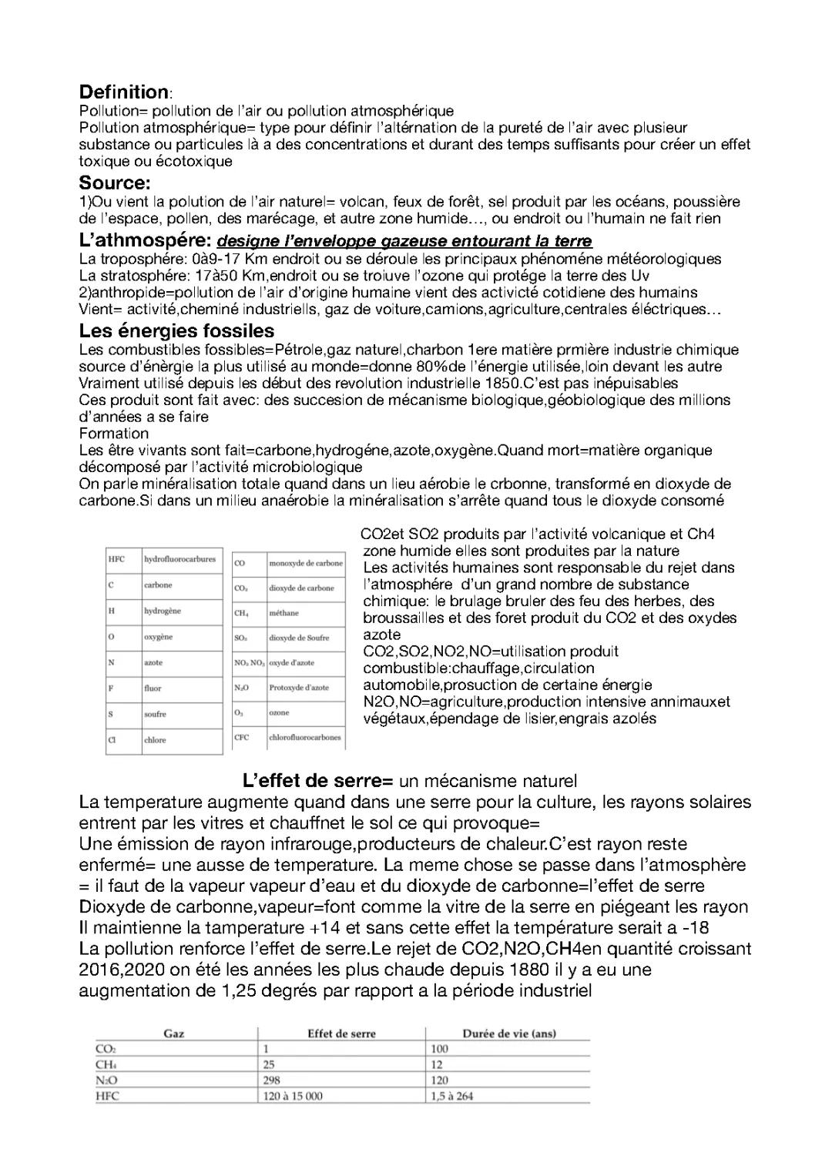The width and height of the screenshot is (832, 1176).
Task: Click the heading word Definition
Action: point(123,92)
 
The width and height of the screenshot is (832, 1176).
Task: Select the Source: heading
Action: point(114,183)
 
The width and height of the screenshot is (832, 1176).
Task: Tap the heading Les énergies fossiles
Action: point(176,331)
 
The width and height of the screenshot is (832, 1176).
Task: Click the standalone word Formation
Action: point(114,434)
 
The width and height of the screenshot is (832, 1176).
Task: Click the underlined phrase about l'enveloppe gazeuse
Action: point(405,241)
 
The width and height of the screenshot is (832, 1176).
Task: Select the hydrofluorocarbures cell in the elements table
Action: point(179,559)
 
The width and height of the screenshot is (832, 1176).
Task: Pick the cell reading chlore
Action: point(155,740)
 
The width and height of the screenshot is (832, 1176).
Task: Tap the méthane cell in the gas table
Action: point(283,613)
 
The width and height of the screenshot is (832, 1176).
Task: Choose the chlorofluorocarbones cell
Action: point(305,738)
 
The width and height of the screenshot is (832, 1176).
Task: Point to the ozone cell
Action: point(279,713)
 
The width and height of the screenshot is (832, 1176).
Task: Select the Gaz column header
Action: point(173,1034)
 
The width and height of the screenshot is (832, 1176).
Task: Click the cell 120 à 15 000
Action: point(293,1096)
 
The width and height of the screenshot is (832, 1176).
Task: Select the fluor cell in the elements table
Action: point(153,689)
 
